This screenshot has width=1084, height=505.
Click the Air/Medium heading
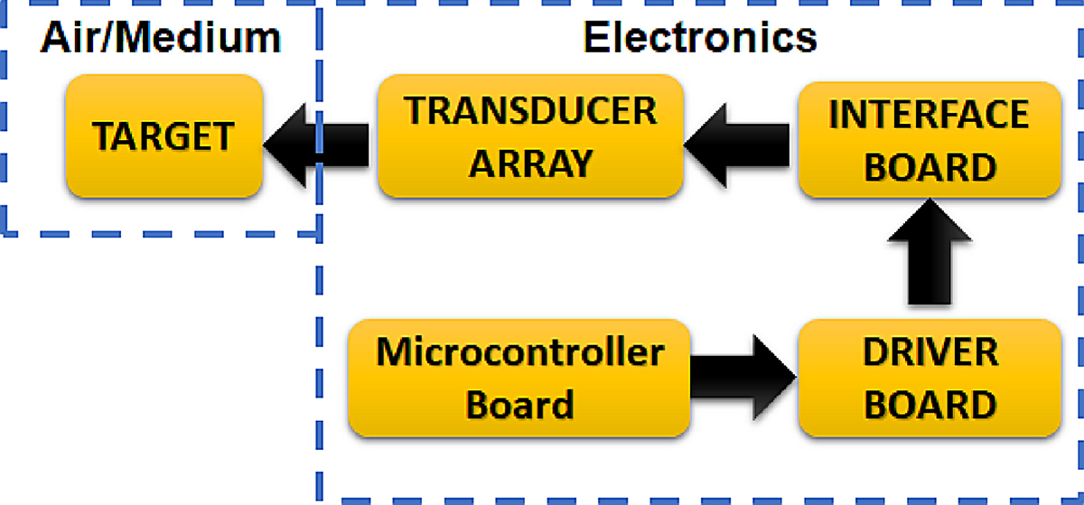coord(161,38)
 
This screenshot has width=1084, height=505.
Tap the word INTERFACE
coord(930,115)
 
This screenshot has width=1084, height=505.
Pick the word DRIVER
coord(930,352)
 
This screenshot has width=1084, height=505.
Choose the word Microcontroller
coord(519,352)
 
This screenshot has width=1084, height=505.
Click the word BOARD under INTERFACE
coord(930,166)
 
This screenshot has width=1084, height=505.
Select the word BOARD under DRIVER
coord(930,403)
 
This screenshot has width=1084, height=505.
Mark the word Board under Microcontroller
coord(519,404)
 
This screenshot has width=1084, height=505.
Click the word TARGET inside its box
coord(164,137)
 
